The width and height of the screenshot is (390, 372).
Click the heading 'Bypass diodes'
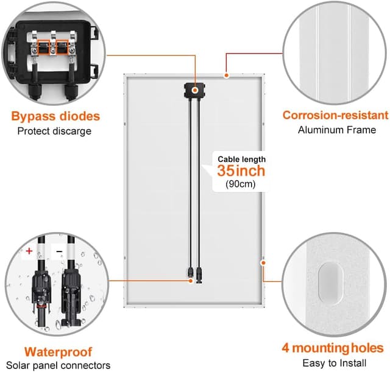point(55,116)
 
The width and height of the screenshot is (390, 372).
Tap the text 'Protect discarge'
point(54,131)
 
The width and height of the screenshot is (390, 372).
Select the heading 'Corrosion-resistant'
point(335,115)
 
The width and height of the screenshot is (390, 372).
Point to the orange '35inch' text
point(241,170)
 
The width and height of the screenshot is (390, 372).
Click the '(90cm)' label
point(241,183)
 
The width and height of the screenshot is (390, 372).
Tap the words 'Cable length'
point(242,159)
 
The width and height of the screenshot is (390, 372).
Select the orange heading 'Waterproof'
point(58,351)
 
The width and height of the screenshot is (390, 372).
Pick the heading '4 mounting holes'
point(333,348)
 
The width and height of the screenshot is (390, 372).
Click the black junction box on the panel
point(195,90)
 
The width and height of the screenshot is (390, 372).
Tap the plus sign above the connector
point(29,251)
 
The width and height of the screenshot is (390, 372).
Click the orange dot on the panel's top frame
point(226,76)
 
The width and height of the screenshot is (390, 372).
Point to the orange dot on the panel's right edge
point(264,263)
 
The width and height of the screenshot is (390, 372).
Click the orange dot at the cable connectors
point(187,280)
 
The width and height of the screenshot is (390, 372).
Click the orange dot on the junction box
point(196,90)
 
